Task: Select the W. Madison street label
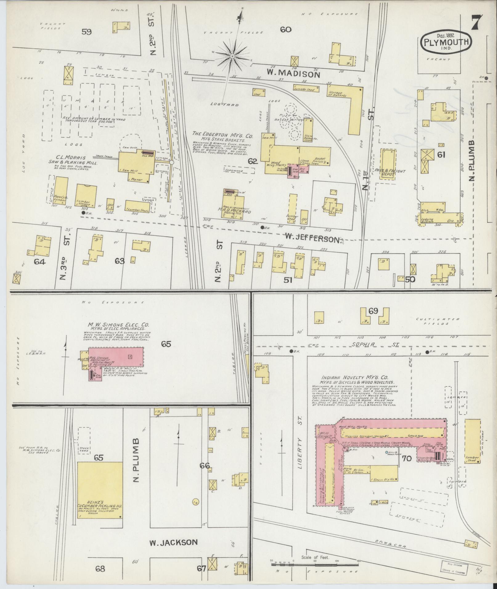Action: (x=293, y=74)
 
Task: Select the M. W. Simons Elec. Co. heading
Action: (x=118, y=325)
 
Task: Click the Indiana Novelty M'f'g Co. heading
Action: (x=354, y=377)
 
